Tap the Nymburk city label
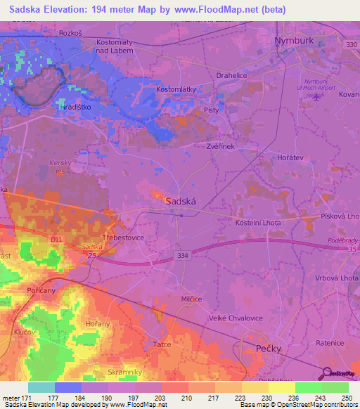coord(293,41)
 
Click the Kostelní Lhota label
coord(259,222)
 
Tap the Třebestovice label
coord(124,238)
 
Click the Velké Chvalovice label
coord(236,318)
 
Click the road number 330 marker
coord(349,45)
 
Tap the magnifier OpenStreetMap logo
coord(327,373)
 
